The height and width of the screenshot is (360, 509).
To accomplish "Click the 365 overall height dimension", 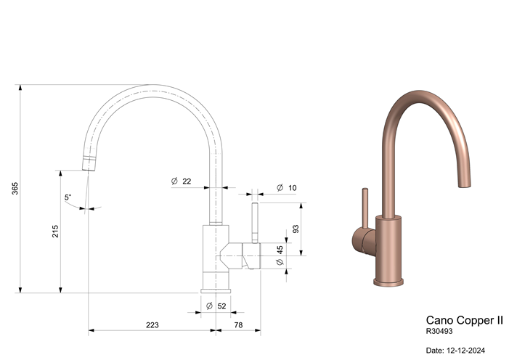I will coord(15,188).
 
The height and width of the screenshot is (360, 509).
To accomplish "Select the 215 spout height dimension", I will coord(55,231).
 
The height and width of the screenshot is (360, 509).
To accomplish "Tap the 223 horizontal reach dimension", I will coord(152,324).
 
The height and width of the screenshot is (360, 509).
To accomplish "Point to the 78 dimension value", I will coord(238,324).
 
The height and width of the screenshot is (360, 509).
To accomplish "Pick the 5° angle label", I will coord(68,197).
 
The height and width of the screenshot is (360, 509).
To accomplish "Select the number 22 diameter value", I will coord(187,181).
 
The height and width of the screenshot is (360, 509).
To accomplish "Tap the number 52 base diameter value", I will coord(221,306).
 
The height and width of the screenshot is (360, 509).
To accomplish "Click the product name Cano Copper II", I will coord(463,319).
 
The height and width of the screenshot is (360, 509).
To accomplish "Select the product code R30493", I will coord(440,331).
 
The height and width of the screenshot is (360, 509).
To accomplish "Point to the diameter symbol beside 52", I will coord(209,306).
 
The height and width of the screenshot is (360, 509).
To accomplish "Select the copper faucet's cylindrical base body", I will coord(388,251).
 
